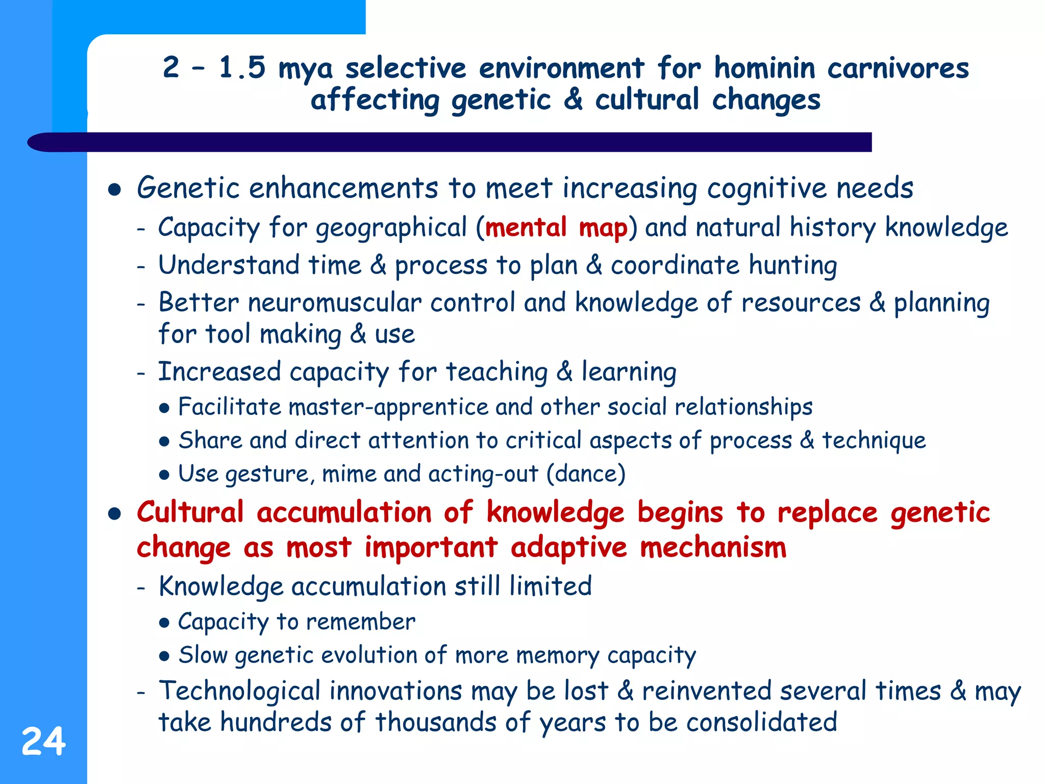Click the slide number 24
pos(43,742)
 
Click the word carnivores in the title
pos(898,68)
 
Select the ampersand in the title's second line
pos(573,100)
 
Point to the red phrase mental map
pos(556,228)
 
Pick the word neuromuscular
pos(334,303)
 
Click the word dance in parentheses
pos(586,474)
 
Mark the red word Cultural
pos(190,512)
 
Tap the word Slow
pos(203,655)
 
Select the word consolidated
pos(761,723)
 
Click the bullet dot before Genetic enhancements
pos(114,190)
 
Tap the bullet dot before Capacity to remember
pos(164,623)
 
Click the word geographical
pos(391,228)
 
